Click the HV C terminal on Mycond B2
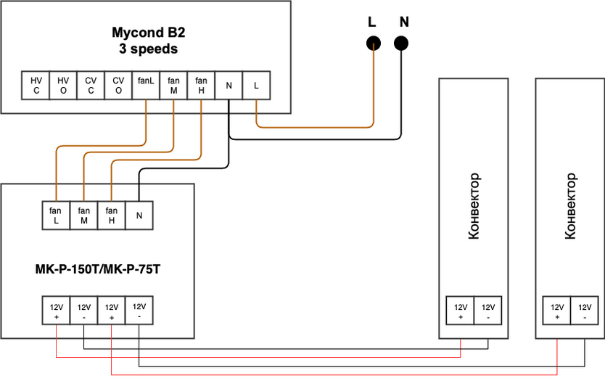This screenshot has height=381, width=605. pos(36,86)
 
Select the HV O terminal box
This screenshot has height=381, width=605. pos(63,86)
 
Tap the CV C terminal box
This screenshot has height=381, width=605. pos(91,86)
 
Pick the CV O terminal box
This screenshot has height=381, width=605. pos(118,86)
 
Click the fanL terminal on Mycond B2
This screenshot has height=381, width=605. pos(146,86)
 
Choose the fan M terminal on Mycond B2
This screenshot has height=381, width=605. pos(173,86)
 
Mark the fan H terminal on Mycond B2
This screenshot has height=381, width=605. pos(201,86)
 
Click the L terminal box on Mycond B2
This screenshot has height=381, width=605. pos(256,86)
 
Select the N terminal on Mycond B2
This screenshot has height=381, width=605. pos(229,86)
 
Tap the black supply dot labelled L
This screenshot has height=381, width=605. pos(373,44)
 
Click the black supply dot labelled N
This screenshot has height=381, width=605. pos(401,44)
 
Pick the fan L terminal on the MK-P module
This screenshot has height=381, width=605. pos(56,215)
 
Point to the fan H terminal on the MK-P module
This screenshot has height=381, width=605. pos(111,215)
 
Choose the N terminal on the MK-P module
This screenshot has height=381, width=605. pos(139,215)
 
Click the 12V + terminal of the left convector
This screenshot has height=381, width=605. pos(461,311)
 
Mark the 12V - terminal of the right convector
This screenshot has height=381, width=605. pos(584,311)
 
